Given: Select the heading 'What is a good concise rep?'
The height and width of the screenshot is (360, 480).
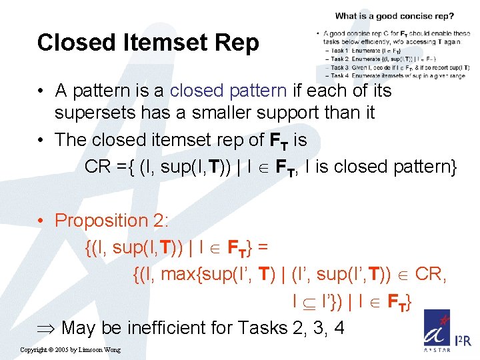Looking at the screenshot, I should pos(395,16).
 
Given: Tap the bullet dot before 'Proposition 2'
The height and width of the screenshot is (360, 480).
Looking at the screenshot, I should pos(42,221).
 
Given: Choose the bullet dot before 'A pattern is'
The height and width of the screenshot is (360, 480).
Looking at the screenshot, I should pos(42,90).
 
